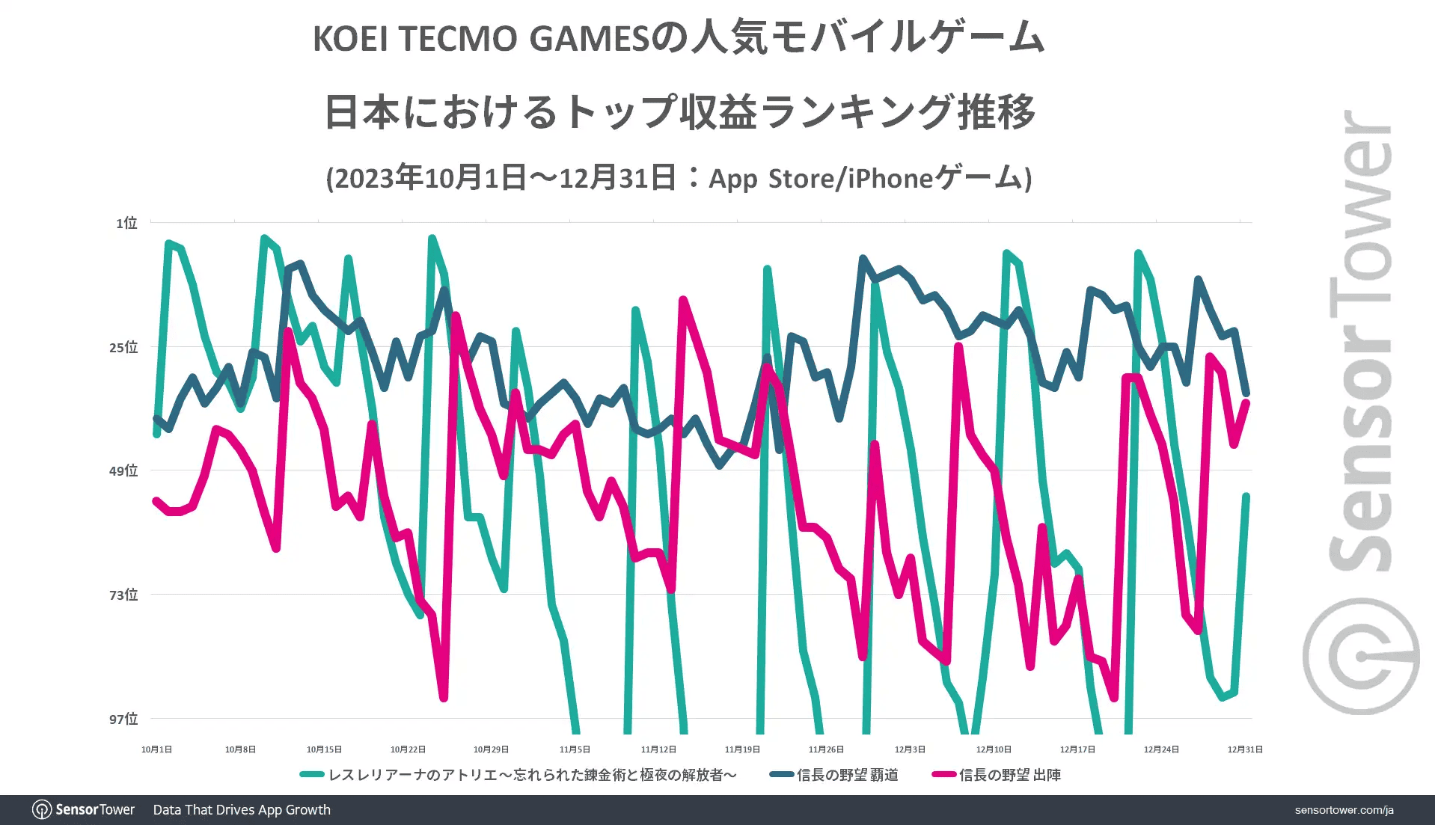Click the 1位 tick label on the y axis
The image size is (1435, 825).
(x=126, y=223)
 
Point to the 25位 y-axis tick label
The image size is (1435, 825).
(x=123, y=347)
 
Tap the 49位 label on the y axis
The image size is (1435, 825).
(x=123, y=470)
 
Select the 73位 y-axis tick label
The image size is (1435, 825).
(x=123, y=595)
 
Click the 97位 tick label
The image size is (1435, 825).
(x=123, y=719)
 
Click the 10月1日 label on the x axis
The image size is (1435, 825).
(x=156, y=749)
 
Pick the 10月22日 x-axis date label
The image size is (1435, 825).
(x=408, y=749)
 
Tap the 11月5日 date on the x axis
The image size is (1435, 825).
(x=575, y=749)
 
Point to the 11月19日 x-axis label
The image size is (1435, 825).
(x=742, y=749)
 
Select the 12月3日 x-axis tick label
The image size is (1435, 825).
(x=910, y=749)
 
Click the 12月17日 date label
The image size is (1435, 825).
(x=1077, y=749)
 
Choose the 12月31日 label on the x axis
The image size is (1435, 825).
(x=1244, y=749)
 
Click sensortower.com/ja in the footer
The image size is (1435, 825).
(x=1344, y=810)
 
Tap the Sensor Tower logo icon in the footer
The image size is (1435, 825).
(x=42, y=809)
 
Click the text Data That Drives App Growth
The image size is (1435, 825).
(x=242, y=810)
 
